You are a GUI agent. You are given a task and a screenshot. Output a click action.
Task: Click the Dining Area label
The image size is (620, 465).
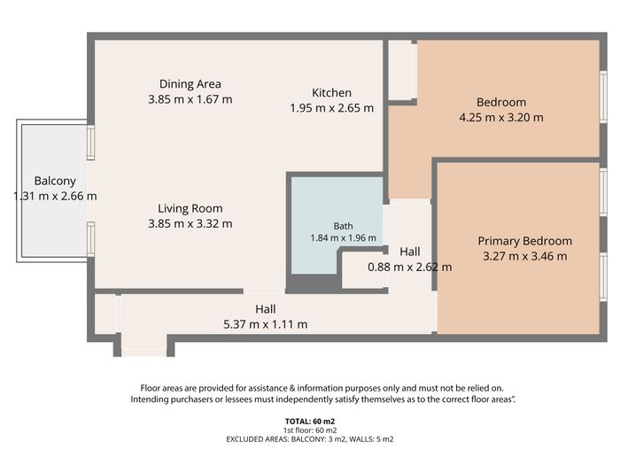(x=190, y=84)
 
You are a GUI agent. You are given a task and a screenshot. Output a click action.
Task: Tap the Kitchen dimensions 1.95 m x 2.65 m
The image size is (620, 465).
(x=332, y=108)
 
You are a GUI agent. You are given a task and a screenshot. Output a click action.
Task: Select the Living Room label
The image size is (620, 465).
(x=190, y=208)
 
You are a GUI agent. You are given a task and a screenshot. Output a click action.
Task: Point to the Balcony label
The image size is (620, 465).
(x=55, y=181)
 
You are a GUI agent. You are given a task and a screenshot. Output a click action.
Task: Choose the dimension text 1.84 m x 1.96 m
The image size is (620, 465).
(x=344, y=238)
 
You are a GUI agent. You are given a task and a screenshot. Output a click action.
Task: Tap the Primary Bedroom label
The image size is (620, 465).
(x=524, y=241)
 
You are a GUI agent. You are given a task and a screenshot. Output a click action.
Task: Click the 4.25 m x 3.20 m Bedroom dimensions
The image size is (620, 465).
(x=501, y=118)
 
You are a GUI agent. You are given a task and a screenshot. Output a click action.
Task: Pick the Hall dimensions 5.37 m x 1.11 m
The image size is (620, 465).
(x=266, y=324)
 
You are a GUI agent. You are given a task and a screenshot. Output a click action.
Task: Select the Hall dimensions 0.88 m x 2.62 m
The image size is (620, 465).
(x=409, y=267)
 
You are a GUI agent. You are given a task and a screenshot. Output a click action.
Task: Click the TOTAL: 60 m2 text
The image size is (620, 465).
(x=310, y=422)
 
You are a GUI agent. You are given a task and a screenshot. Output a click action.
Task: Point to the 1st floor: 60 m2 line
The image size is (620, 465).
(x=310, y=430)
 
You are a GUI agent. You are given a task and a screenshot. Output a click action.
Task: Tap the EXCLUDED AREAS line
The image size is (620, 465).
(x=310, y=439)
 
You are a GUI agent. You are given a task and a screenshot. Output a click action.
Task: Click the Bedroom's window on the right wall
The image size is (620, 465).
(x=603, y=97)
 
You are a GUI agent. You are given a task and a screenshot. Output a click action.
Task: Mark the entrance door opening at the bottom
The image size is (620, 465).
(x=143, y=348)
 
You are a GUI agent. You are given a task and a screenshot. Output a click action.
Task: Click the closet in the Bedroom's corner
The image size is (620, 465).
(x=402, y=70)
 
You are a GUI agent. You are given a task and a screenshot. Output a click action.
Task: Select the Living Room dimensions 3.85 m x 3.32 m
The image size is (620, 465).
(x=190, y=224)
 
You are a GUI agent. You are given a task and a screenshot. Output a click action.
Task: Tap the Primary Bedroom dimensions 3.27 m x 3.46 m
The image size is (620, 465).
(x=524, y=256)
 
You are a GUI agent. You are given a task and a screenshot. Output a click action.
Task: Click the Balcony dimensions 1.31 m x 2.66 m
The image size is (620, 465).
(x=55, y=196)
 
